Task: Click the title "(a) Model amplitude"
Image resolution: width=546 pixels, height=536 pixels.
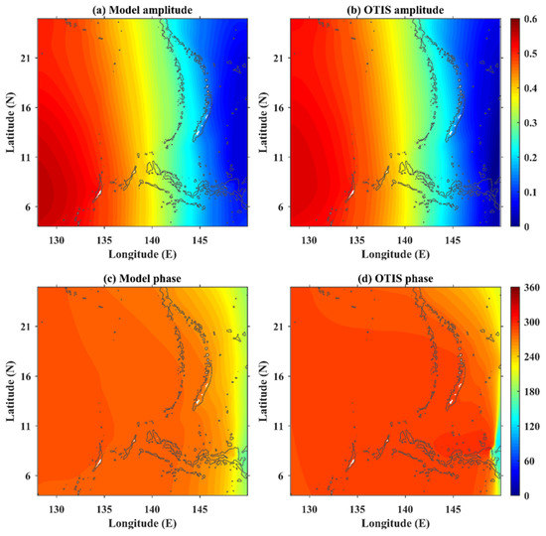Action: point(143,9)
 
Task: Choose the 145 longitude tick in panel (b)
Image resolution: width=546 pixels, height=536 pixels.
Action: point(454,239)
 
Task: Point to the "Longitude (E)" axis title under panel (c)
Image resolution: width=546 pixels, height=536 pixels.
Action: point(143,523)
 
